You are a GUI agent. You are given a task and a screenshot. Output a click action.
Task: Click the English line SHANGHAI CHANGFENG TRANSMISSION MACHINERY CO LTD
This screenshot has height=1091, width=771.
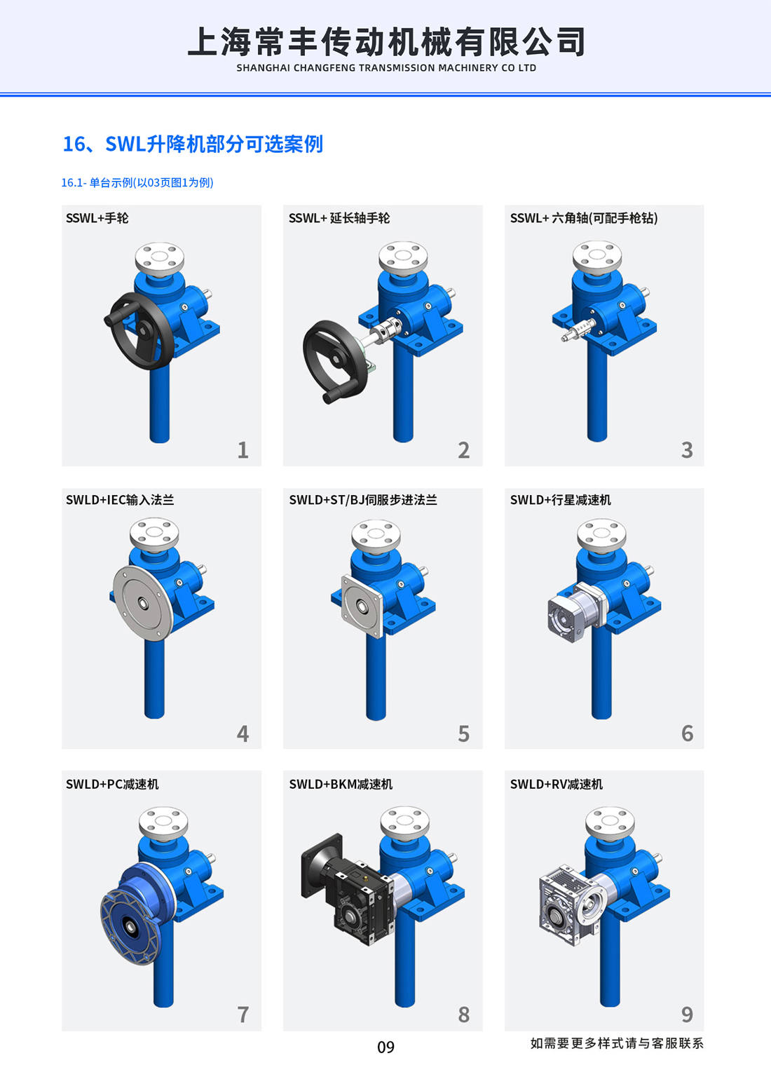click(386, 68)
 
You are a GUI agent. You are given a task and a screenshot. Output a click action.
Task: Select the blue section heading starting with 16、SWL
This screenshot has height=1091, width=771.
click(193, 144)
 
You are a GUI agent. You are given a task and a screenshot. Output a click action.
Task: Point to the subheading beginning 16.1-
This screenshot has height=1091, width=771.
click(137, 182)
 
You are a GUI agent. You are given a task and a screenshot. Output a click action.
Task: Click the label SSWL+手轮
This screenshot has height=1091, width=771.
click(97, 218)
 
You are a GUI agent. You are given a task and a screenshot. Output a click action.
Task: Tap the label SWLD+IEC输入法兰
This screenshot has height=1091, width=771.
click(120, 500)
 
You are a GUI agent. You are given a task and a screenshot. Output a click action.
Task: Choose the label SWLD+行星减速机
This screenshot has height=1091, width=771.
click(560, 500)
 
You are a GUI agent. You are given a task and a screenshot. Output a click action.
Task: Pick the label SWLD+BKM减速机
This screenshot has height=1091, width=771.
click(341, 784)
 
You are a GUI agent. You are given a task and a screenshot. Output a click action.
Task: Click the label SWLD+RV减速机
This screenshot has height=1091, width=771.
click(557, 784)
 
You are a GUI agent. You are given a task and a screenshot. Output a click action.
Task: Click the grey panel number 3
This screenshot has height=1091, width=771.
click(687, 450)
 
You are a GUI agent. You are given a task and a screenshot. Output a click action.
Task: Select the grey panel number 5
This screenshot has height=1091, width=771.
click(464, 733)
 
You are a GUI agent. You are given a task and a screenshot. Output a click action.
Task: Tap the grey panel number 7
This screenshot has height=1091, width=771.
click(243, 1015)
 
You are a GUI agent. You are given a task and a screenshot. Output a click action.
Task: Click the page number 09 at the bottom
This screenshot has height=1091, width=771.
click(386, 1047)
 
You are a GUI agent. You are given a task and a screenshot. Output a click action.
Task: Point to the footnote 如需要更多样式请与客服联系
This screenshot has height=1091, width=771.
click(617, 1043)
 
